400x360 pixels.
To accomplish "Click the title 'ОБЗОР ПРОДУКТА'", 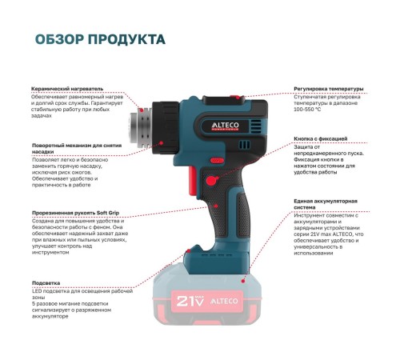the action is [100, 39].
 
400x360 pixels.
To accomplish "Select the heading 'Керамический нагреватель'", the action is [67, 89].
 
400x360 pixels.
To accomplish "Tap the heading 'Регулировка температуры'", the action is [329, 89].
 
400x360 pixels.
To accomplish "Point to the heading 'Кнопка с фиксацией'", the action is [321, 138].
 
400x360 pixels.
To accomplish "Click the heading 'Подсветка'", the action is [46, 283].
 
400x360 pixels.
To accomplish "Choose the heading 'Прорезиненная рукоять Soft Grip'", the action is [75, 213].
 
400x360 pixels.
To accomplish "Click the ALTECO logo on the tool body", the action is [226, 126].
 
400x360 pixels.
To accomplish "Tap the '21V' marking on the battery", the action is [190, 301].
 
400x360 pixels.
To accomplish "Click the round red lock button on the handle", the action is [211, 181].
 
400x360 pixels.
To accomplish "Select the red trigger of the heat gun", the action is [193, 180].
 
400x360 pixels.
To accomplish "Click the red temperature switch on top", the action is [236, 97].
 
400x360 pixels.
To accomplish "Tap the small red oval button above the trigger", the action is [217, 161].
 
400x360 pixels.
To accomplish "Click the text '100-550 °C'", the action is [307, 110].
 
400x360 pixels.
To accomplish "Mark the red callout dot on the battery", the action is [243, 281].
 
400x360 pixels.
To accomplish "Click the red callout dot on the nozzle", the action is [142, 110].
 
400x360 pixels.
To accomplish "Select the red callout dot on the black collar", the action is [162, 143].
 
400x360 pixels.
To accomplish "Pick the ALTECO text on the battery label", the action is [224, 301].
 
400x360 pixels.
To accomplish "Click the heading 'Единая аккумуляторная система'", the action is [326, 204].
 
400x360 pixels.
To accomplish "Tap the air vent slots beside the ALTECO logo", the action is [256, 126].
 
